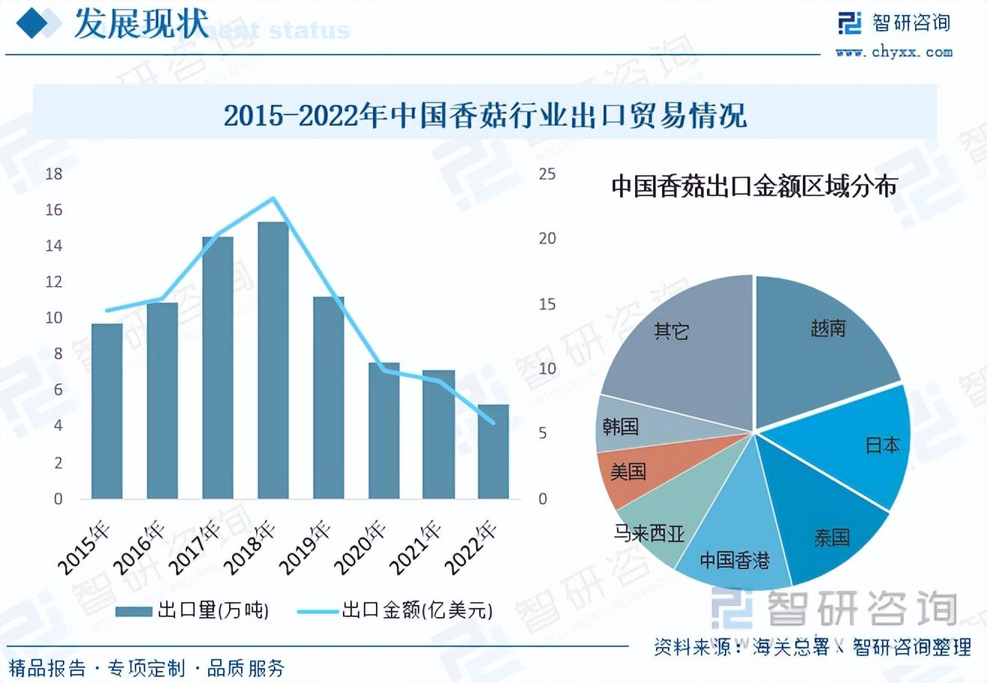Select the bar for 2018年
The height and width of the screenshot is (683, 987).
(273, 360)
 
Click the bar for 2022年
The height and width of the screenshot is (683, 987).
(493, 452)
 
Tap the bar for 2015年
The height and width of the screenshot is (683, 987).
(106, 411)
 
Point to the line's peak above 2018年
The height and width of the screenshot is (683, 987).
(273, 198)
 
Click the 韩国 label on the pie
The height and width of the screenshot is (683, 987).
(620, 427)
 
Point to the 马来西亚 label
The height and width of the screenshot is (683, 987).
(649, 533)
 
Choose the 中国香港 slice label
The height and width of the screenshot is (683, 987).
(734, 560)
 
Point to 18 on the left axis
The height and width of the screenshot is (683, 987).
(54, 174)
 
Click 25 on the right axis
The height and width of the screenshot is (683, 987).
(547, 174)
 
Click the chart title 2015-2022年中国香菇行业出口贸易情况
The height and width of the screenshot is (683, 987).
(485, 116)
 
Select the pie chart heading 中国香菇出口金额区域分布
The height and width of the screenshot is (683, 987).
(753, 186)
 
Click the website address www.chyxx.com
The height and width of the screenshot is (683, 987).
(894, 52)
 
